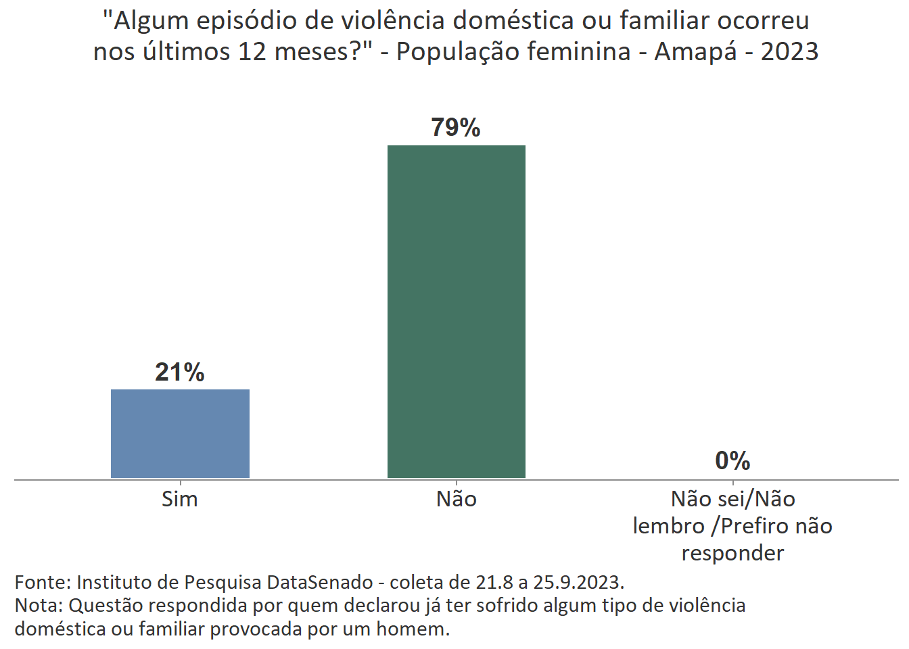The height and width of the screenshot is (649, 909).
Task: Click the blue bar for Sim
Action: [180, 433]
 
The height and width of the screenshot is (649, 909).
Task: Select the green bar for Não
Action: [457, 312]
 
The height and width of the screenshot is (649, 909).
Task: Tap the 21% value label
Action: [180, 372]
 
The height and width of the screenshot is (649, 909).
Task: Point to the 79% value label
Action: [456, 128]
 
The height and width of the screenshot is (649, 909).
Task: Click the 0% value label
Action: [732, 461]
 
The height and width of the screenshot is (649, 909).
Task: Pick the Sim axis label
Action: [180, 499]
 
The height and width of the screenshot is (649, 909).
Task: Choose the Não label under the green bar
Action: [457, 499]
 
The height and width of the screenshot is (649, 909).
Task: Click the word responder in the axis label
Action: [732, 553]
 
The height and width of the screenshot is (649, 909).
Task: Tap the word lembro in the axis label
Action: [668, 526]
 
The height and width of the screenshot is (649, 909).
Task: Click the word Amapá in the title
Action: [695, 51]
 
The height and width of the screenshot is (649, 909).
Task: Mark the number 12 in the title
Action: [252, 51]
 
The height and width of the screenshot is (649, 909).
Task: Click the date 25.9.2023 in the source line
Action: [578, 582]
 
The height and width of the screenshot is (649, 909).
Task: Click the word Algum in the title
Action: [151, 21]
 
